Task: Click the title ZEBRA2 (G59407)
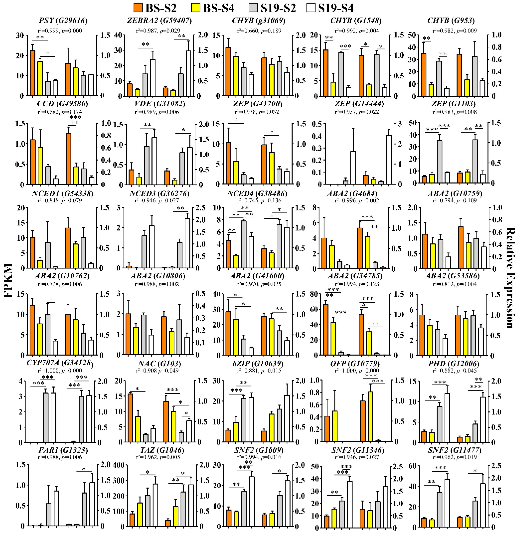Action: (159, 21)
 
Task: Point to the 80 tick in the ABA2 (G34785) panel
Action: (316, 294)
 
